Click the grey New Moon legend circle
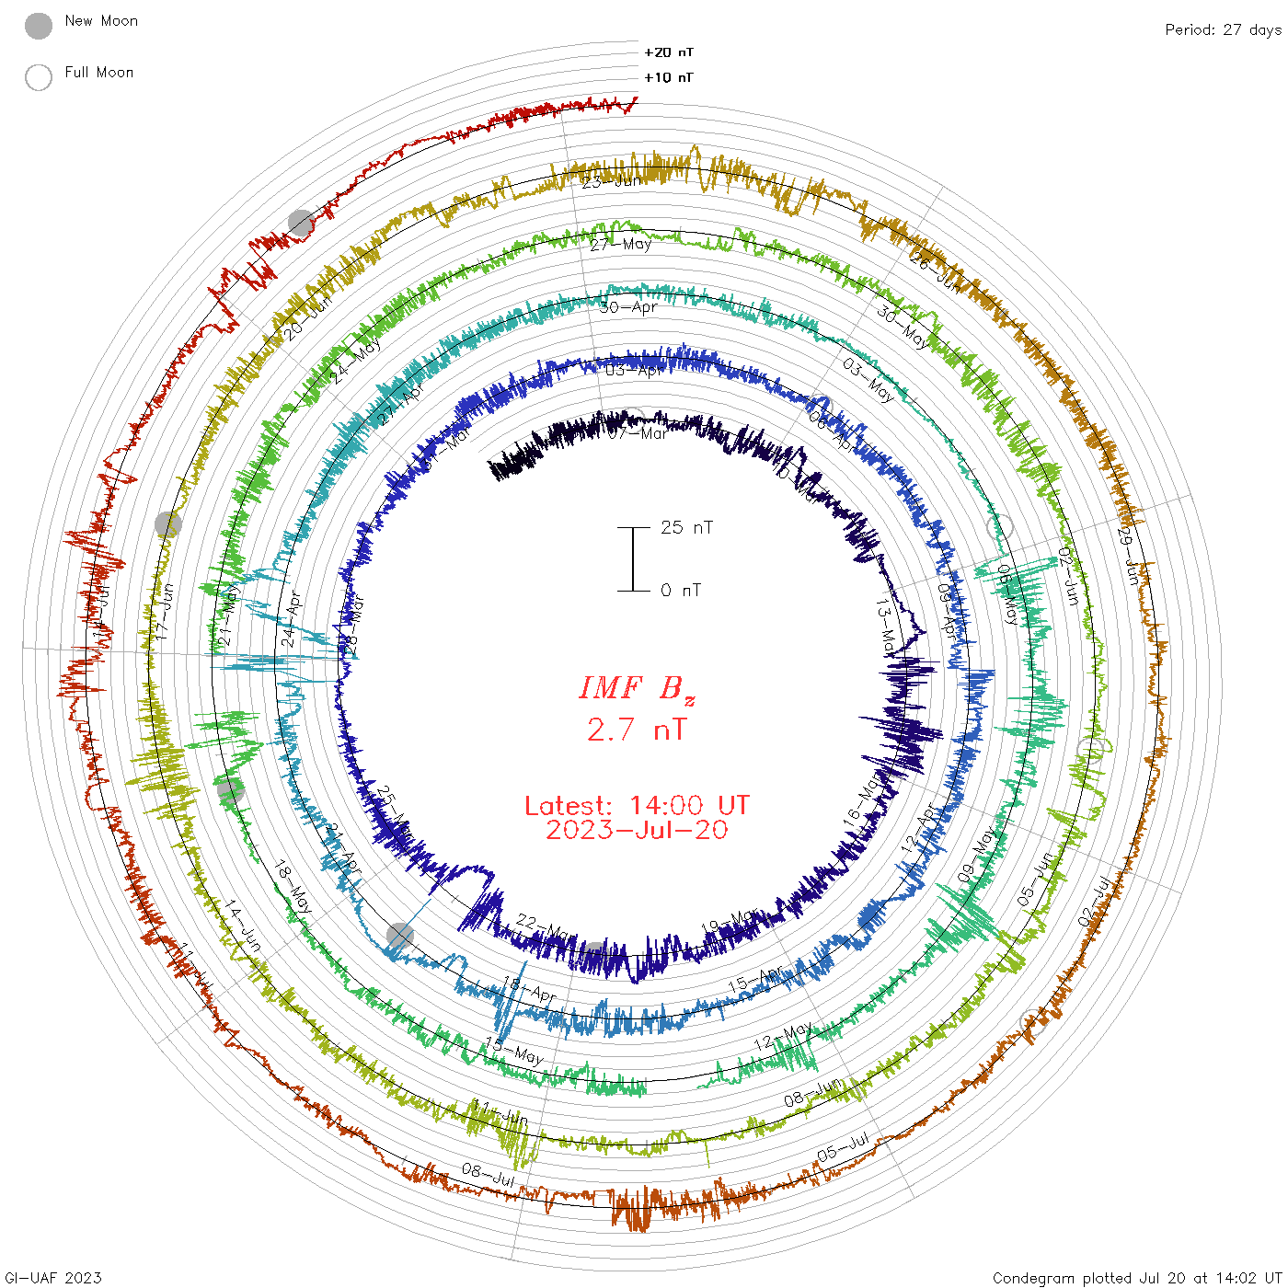39,27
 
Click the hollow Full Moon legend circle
39,78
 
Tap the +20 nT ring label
669,53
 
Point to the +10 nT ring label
669,78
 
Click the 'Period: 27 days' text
1223,30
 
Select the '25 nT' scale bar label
686,528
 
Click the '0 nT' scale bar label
681,591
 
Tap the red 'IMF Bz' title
637,688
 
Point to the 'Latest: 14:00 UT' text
637,806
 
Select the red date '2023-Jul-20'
637,831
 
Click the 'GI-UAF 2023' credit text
52,1278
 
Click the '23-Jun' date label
611,181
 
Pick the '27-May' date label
620,245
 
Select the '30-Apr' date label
628,307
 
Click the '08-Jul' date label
489,1174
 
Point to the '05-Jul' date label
843,1148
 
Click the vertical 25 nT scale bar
633,559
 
